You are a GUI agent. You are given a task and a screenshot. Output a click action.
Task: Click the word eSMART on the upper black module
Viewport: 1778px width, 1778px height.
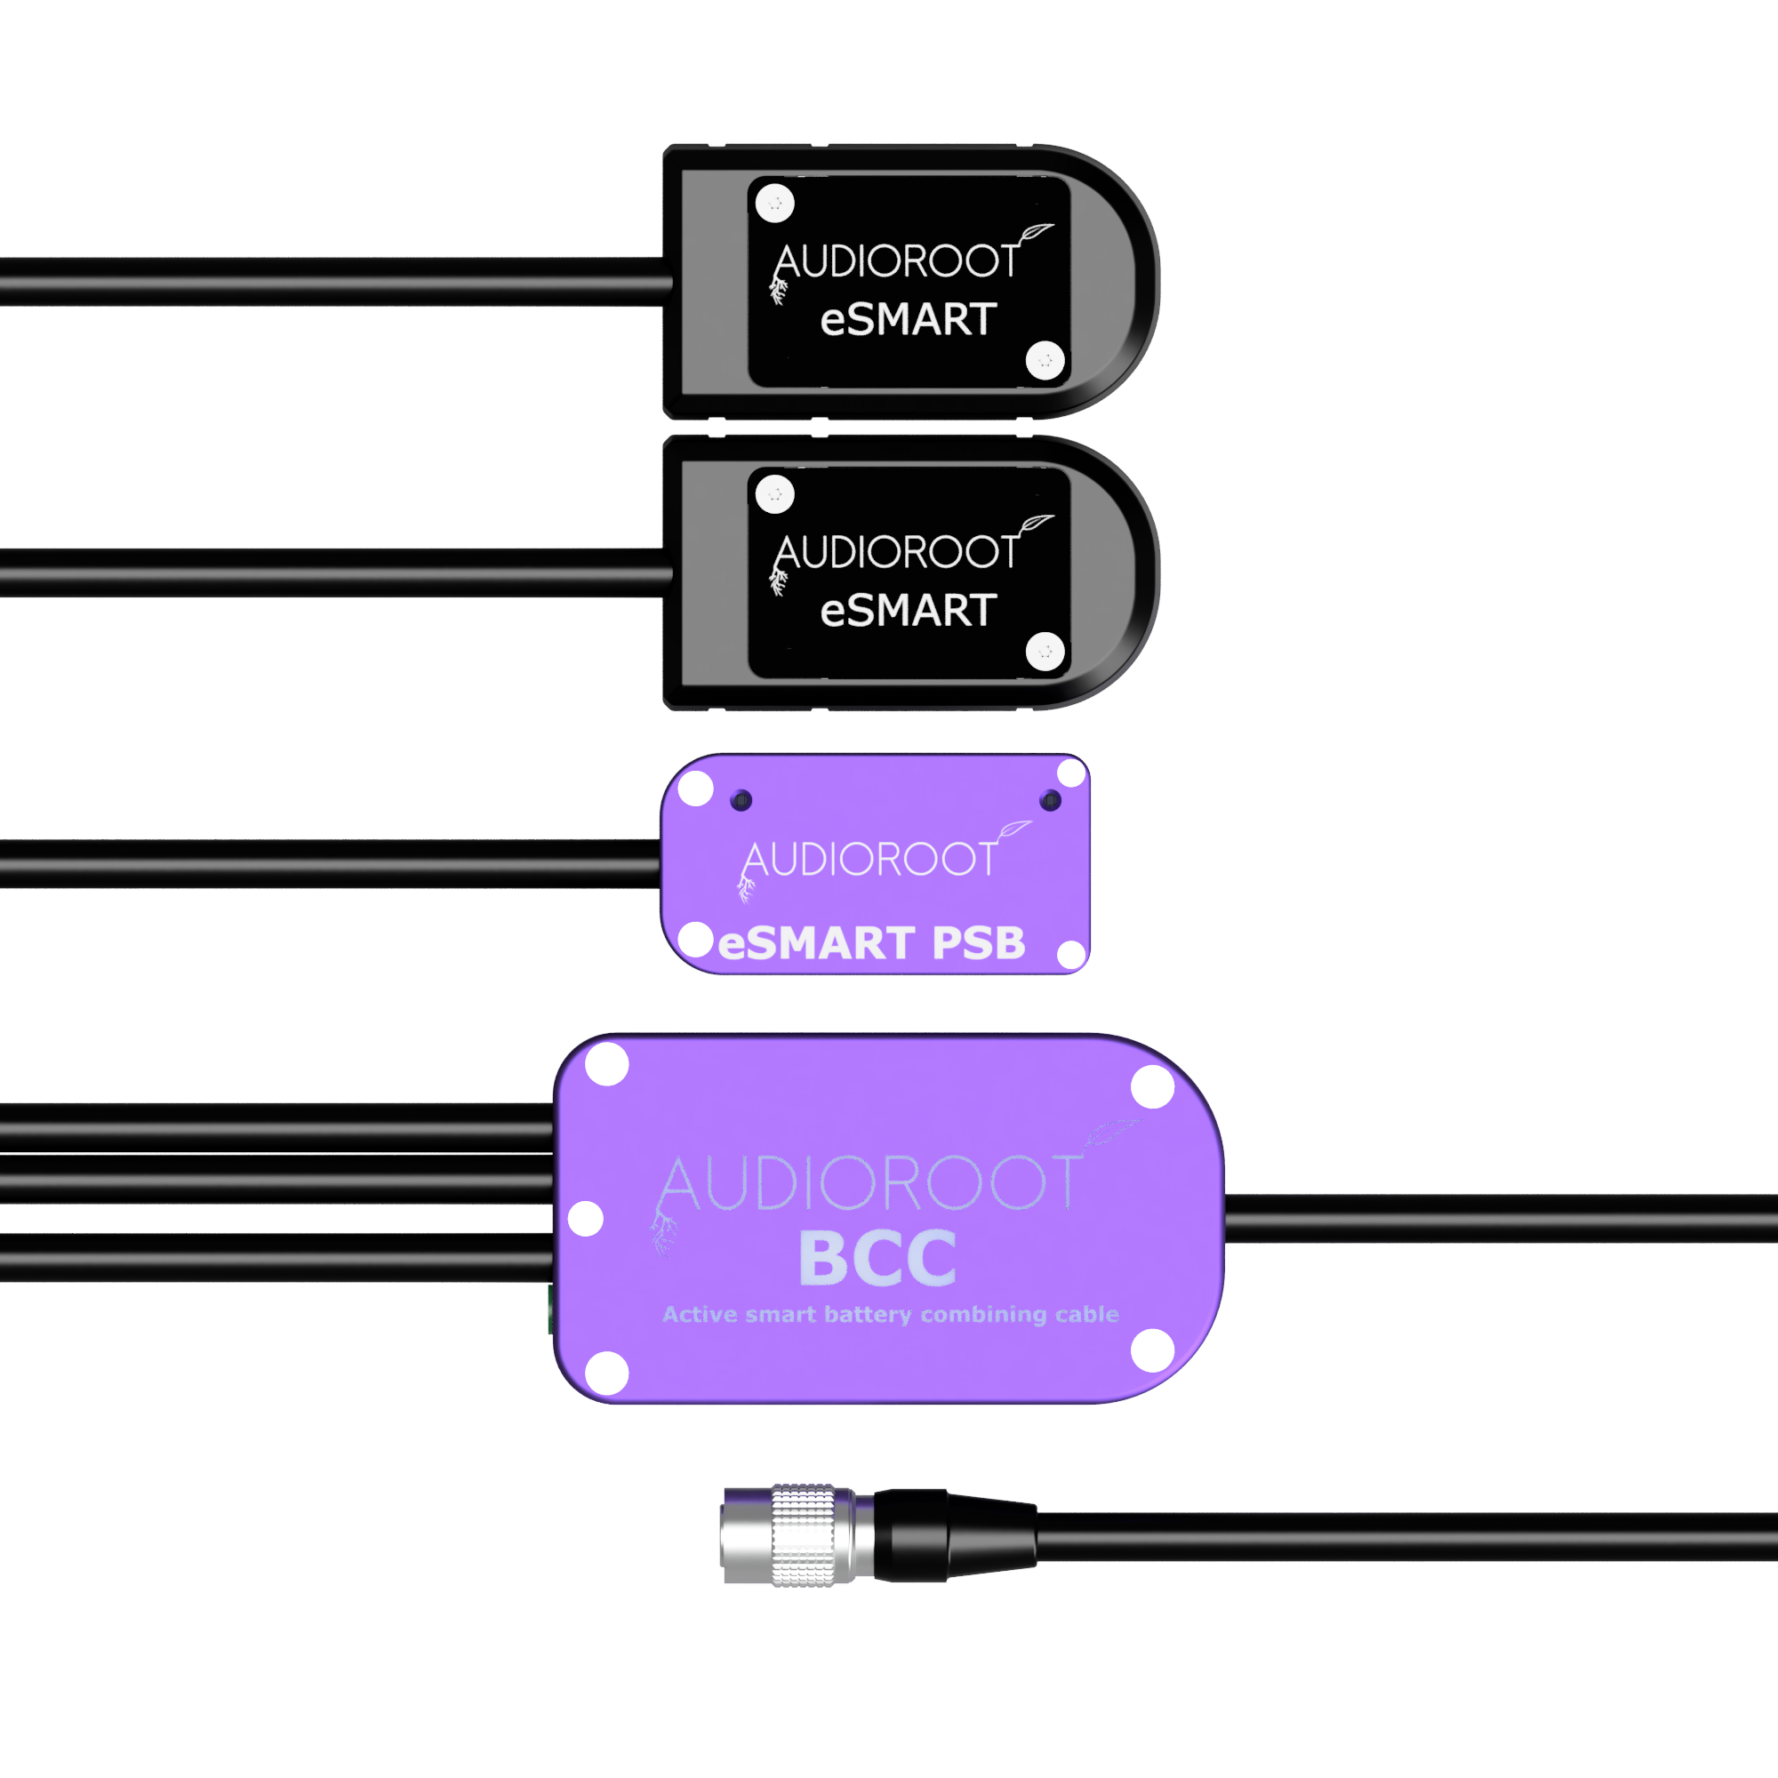(909, 319)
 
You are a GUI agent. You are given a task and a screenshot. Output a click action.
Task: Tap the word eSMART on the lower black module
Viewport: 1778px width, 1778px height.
(909, 610)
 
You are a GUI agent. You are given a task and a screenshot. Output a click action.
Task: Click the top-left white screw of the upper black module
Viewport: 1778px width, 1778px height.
(775, 204)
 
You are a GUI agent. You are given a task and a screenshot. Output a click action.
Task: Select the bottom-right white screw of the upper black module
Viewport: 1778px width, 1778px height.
(1045, 360)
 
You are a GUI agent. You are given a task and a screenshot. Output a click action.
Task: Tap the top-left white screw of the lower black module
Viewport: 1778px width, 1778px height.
(775, 494)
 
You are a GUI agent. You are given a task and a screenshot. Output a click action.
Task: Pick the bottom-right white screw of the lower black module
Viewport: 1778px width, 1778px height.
(1045, 652)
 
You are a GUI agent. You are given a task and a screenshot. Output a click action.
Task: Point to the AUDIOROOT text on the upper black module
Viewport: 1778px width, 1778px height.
(897, 261)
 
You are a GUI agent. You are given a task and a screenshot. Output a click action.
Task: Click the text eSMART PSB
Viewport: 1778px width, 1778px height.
(871, 943)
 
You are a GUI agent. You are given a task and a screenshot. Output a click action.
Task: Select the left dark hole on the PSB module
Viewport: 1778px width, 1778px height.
(741, 801)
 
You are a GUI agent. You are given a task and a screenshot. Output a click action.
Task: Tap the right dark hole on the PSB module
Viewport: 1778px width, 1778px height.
(1050, 801)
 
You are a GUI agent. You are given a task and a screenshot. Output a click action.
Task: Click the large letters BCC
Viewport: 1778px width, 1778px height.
(878, 1258)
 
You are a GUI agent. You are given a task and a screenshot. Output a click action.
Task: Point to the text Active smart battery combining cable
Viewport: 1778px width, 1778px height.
(891, 1314)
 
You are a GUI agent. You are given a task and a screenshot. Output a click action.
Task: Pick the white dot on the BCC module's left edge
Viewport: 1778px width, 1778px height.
(585, 1219)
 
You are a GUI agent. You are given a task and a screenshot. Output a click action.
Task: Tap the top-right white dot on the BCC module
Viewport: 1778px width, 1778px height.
(1152, 1087)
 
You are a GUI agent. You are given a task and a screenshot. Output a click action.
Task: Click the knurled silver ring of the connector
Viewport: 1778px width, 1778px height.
(804, 1535)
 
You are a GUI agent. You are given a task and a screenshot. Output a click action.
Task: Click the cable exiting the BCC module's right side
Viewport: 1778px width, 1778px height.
(1501, 1219)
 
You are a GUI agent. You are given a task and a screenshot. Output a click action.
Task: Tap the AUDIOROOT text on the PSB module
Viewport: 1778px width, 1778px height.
(869, 860)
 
